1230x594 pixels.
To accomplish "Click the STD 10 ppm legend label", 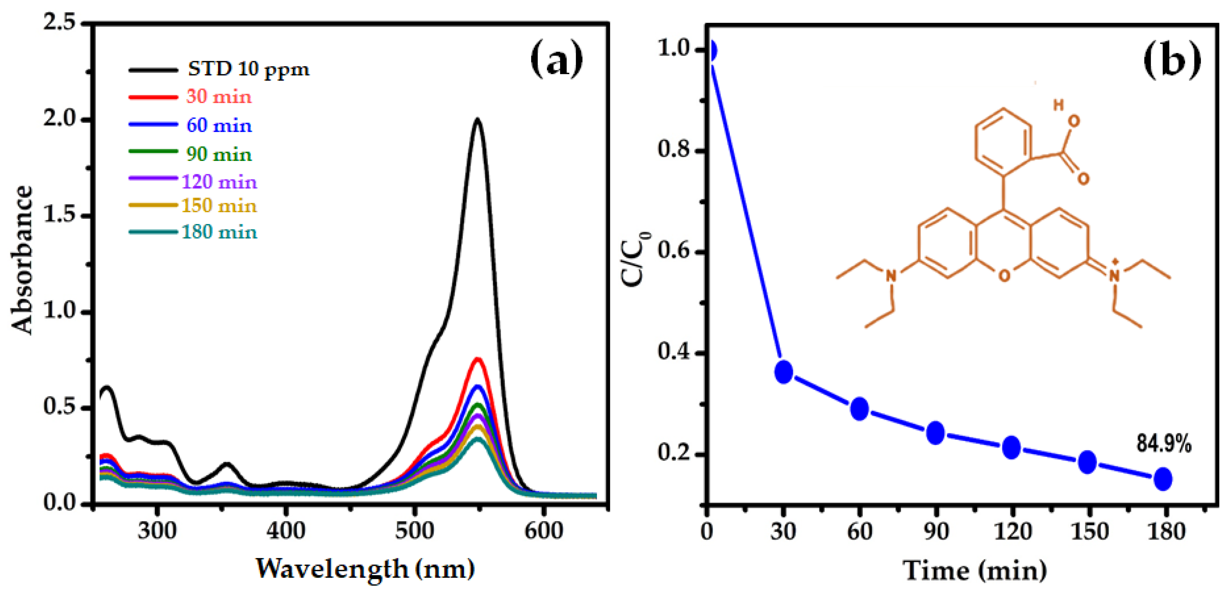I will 248,70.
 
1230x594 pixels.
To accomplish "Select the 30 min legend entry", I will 219,97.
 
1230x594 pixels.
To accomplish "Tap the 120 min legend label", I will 219,182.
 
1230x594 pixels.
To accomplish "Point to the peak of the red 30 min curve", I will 477,359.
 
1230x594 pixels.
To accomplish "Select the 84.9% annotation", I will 1164,444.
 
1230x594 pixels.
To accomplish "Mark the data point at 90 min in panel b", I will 936,433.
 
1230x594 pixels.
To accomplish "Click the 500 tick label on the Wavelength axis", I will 414,531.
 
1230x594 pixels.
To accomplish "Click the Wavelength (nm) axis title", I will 365,569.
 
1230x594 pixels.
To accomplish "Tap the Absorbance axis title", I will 22,260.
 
